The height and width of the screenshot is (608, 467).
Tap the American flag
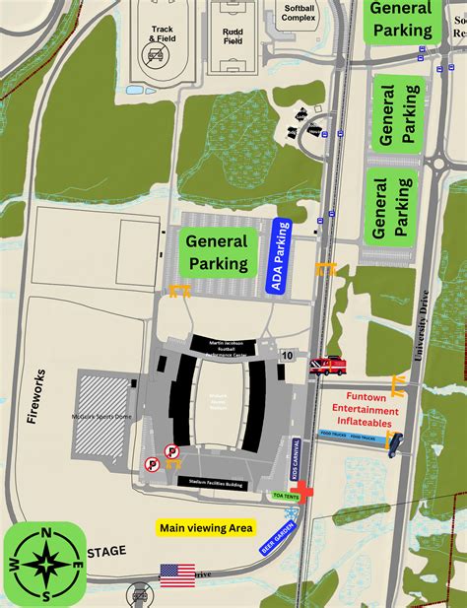pos(178,574)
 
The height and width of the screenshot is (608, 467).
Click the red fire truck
pos(327,366)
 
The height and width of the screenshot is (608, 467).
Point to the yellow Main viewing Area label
pos(207,528)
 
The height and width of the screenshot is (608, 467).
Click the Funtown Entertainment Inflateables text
pos(365,410)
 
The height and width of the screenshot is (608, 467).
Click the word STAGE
pos(107,553)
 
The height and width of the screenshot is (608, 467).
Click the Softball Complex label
pos(299,13)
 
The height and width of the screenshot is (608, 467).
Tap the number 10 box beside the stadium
pos(287,355)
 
